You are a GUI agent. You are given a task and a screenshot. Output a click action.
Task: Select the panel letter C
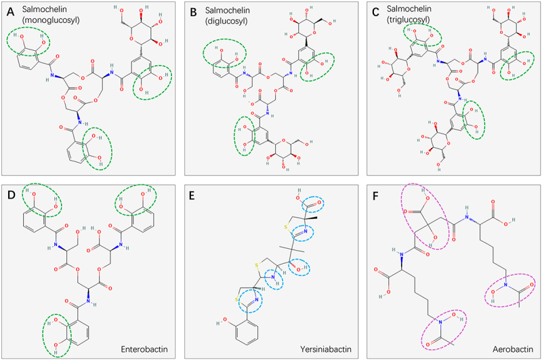click(377, 11)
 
